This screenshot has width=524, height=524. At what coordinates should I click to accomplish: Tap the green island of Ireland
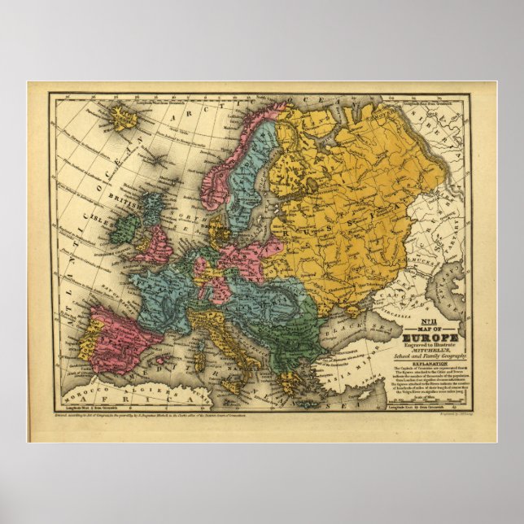[x=124, y=228]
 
